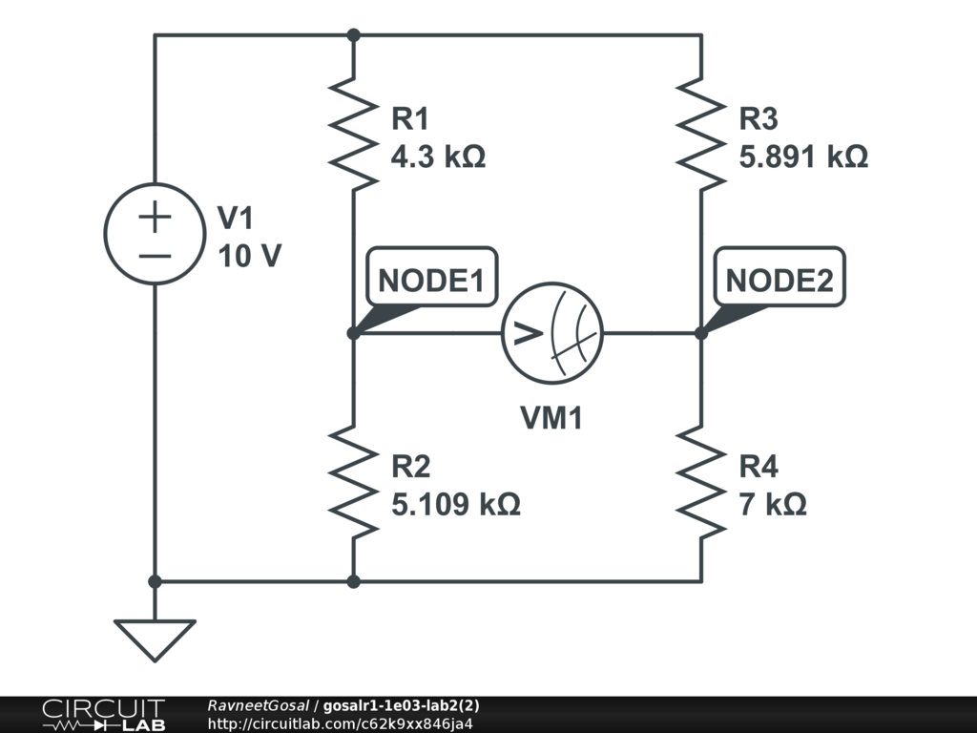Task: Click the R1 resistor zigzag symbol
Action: [x=353, y=135]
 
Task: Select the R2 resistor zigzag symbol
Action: [x=353, y=482]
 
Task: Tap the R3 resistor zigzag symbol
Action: [x=701, y=135]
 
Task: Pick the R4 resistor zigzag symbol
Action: [x=701, y=482]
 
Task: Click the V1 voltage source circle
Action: [x=154, y=234]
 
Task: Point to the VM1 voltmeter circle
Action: [x=552, y=333]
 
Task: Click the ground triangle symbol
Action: [x=154, y=639]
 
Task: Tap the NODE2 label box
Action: [x=780, y=281]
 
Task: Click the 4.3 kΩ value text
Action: [x=438, y=157]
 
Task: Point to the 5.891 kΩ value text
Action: [x=803, y=157]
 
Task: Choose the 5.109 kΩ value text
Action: [x=456, y=504]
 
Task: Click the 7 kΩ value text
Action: [x=773, y=504]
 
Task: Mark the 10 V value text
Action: [x=249, y=256]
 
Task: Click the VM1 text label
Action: [x=551, y=418]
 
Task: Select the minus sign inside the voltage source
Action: [x=154, y=256]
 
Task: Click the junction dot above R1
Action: [x=353, y=35]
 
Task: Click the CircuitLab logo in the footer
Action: [x=102, y=714]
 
